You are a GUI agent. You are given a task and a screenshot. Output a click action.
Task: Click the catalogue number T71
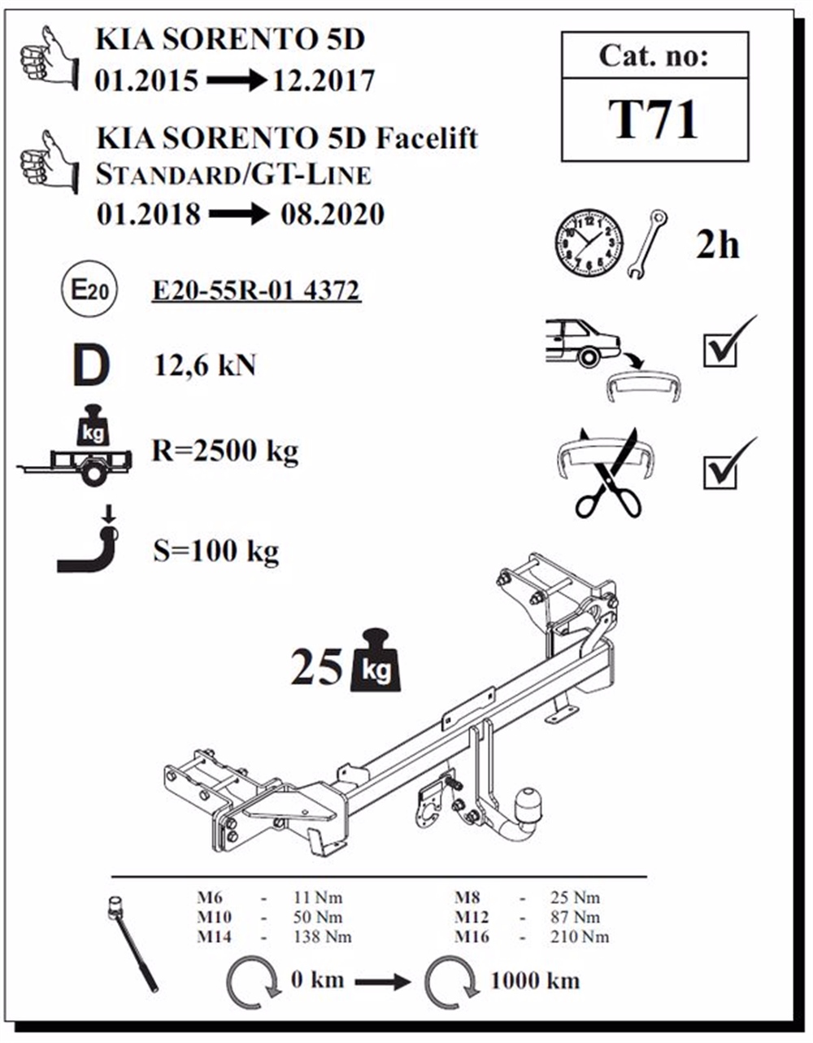click(x=653, y=120)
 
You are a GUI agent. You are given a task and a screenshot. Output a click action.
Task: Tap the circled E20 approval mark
click(x=89, y=289)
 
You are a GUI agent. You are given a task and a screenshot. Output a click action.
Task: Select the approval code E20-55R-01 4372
click(x=256, y=291)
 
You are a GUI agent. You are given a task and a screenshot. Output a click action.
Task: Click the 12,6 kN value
click(x=205, y=365)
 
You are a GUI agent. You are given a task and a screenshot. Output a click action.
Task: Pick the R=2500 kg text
click(x=225, y=452)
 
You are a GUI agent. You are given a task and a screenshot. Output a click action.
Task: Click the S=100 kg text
click(x=215, y=551)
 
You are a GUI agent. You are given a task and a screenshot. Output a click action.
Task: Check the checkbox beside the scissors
click(x=720, y=473)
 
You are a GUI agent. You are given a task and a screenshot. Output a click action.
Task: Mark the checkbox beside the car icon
click(x=720, y=351)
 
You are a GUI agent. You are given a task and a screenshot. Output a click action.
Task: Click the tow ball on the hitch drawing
click(x=529, y=802)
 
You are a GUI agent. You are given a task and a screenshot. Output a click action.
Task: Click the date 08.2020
click(x=333, y=215)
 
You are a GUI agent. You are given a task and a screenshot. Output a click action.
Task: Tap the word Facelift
click(x=426, y=139)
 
